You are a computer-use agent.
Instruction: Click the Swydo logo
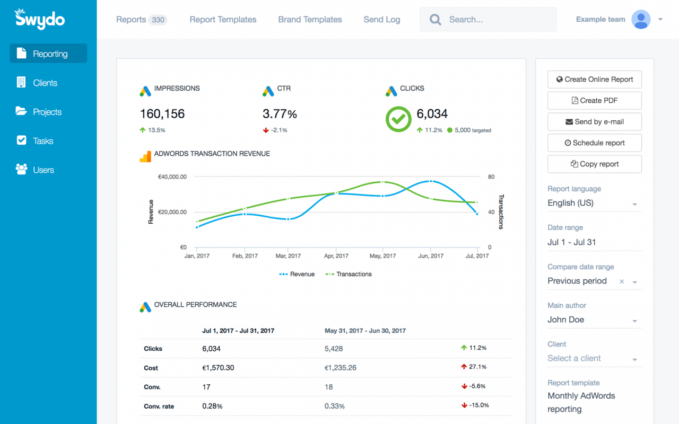click(x=40, y=19)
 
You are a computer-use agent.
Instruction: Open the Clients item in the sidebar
click(x=45, y=83)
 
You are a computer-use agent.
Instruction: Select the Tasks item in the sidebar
click(x=42, y=141)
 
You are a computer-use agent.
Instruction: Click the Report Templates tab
click(x=223, y=20)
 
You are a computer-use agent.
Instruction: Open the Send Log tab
click(x=381, y=20)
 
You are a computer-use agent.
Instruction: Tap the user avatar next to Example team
click(x=641, y=20)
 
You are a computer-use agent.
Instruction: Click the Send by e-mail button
click(x=594, y=121)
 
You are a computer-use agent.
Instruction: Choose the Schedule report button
click(x=594, y=143)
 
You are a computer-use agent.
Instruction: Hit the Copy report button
click(x=594, y=164)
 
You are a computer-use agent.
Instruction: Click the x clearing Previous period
click(x=622, y=281)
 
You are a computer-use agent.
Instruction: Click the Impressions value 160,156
click(x=162, y=113)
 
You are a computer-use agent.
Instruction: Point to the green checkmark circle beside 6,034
click(x=398, y=119)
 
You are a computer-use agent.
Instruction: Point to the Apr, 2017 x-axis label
click(x=336, y=256)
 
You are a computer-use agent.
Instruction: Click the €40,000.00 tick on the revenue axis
click(x=172, y=177)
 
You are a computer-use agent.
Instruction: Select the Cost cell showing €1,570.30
click(x=218, y=368)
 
